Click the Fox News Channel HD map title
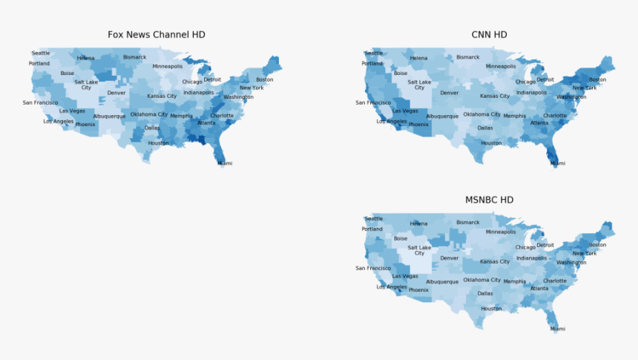coord(157,35)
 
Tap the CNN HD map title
coord(489,35)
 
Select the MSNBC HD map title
coord(489,200)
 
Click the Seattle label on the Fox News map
coord(41,53)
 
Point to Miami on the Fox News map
coord(225,163)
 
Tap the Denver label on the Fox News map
coord(116,93)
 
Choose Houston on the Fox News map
coord(158,143)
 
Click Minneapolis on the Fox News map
coord(168,66)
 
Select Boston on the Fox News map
coord(265,79)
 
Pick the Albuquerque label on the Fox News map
coord(109,117)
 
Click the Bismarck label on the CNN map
coord(467,57)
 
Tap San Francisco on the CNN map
coord(373,103)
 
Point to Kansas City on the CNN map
coord(495,96)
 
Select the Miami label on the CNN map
coord(557,163)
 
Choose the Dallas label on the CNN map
coord(485,128)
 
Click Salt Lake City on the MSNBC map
coord(419,250)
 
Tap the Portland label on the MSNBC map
coord(372,229)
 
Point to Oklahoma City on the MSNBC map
coord(482,280)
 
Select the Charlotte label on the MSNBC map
coord(555,281)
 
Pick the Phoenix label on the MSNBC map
coord(418,289)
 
